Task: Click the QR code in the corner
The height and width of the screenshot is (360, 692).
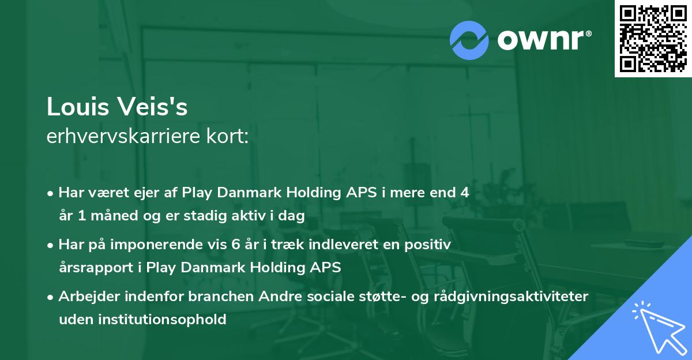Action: click(x=653, y=38)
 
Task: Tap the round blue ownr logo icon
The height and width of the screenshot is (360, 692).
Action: click(x=469, y=40)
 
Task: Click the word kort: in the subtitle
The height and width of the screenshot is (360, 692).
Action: click(x=230, y=137)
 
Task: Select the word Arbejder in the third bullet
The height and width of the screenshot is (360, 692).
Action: click(x=86, y=297)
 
